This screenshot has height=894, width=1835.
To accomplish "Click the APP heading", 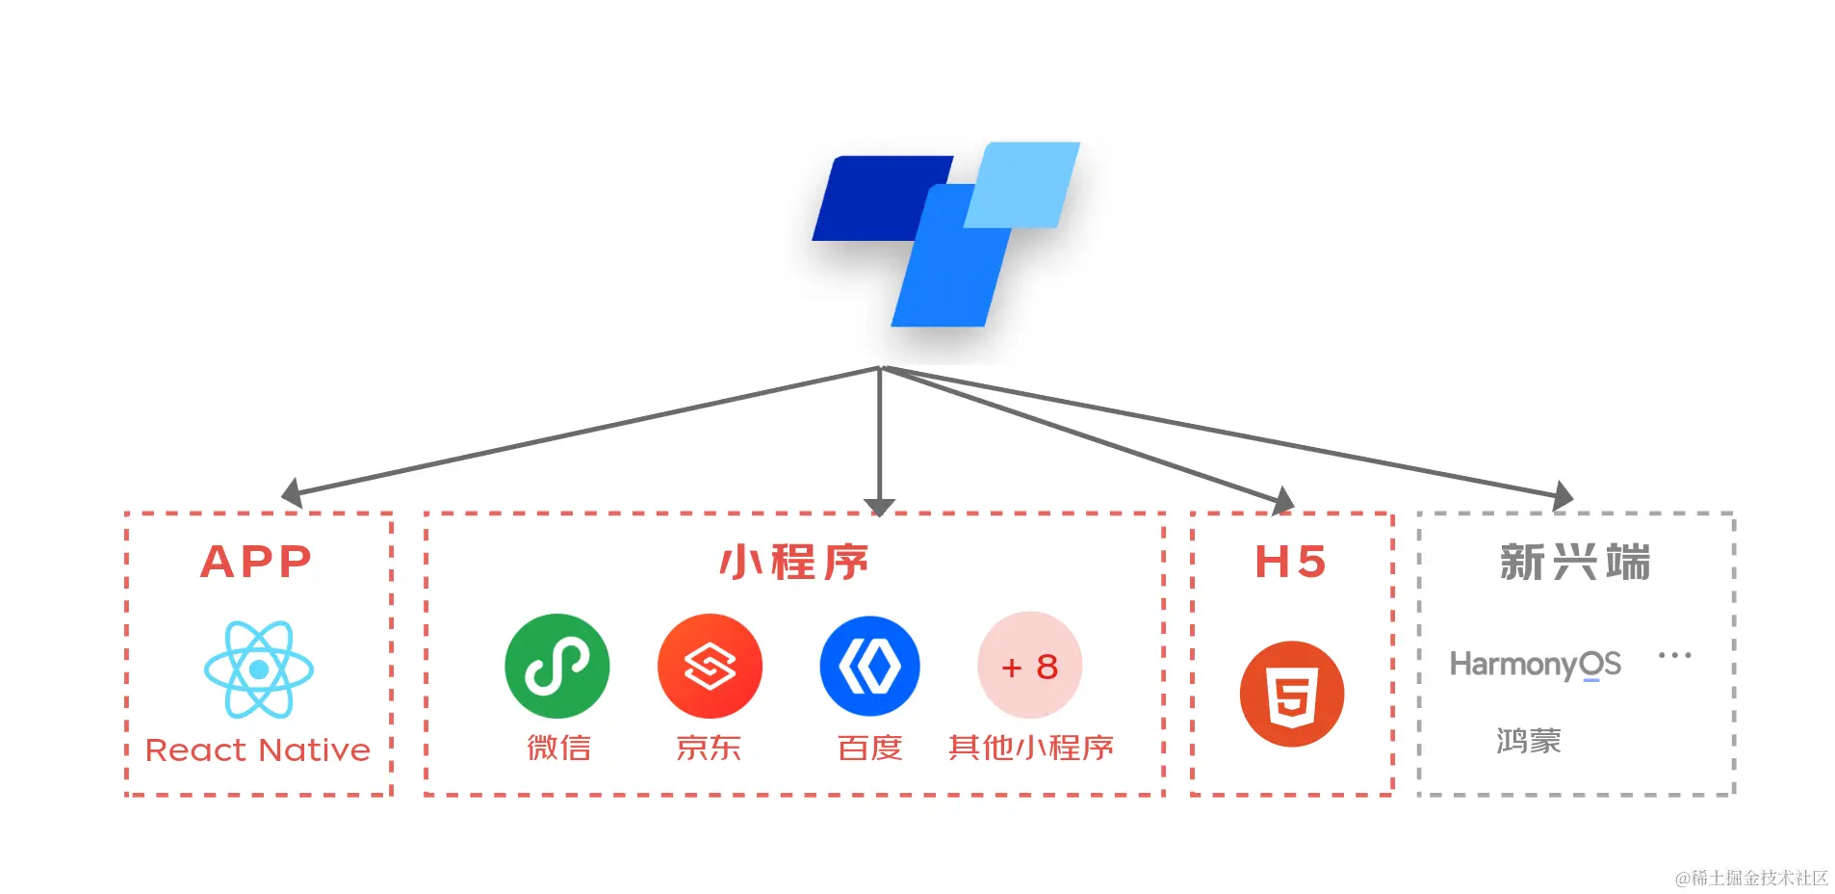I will (x=256, y=562).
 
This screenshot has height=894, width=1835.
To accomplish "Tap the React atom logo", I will (x=259, y=670).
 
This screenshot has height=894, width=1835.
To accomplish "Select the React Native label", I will (x=258, y=749).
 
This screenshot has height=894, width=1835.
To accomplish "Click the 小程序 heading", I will (x=794, y=562).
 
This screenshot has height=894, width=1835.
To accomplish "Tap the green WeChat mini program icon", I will (x=556, y=666).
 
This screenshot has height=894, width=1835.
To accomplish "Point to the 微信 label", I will (x=558, y=748).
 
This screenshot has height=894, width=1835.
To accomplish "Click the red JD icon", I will (x=710, y=666).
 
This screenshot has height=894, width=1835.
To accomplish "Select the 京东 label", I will (x=709, y=748).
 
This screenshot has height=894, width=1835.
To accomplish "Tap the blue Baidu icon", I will (x=869, y=666).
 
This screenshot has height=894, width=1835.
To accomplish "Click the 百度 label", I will (x=869, y=748).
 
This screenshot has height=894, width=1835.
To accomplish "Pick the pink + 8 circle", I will (x=1029, y=666).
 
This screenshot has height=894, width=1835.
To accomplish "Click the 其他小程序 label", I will (x=1030, y=748).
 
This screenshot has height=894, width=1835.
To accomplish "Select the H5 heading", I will (x=1291, y=562).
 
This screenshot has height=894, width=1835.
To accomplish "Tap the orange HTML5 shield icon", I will (x=1291, y=694).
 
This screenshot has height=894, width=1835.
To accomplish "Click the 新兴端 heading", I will (x=1575, y=562).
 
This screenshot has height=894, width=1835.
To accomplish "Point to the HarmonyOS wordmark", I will (x=1535, y=664).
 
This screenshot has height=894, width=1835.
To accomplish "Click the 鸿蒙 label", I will (x=1528, y=741).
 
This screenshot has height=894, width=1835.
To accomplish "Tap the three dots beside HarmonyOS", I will (x=1674, y=655).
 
